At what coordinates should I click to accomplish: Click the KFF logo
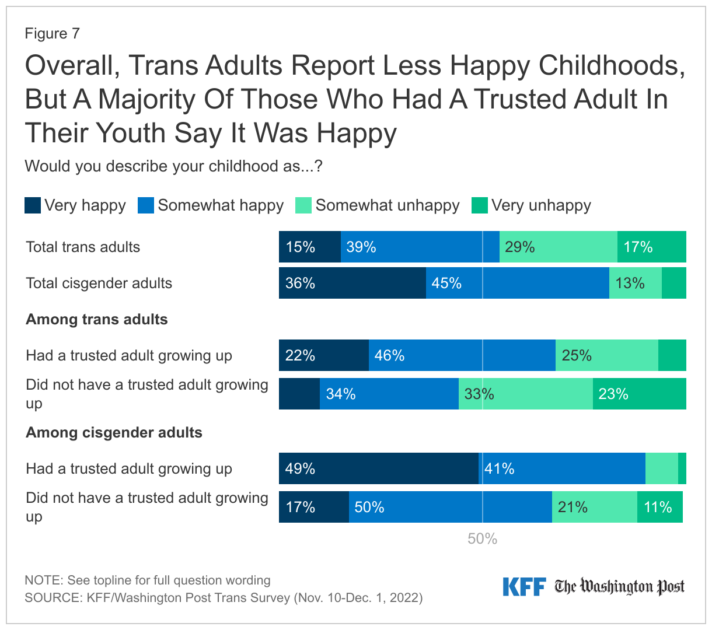tap(523, 587)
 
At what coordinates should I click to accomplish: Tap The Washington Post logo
tap(619, 587)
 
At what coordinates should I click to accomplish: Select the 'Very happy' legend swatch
tap(33, 205)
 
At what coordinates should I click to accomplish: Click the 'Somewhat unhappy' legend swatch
tap(303, 205)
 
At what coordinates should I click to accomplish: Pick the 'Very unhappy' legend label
tap(541, 205)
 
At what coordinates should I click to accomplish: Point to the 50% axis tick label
tap(482, 539)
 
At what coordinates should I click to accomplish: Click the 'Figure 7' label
tap(52, 34)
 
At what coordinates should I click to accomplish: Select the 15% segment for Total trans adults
tap(309, 247)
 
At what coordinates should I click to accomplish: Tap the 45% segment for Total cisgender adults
tap(517, 283)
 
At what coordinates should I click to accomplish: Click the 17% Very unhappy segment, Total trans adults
tap(651, 247)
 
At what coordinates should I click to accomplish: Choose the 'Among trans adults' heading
tap(97, 320)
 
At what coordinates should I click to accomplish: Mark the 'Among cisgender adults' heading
tap(114, 433)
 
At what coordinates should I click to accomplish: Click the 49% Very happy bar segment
tap(378, 468)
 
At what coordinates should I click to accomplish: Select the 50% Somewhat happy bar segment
tap(450, 507)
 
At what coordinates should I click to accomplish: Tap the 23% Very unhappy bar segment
tap(639, 394)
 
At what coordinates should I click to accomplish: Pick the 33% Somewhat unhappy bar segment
tap(525, 394)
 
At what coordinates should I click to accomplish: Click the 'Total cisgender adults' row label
tap(99, 283)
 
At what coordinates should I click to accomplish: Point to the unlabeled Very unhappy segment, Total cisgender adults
tap(673, 283)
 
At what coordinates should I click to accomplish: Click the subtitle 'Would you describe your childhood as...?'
tap(174, 167)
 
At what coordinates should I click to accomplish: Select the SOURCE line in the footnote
tap(224, 598)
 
